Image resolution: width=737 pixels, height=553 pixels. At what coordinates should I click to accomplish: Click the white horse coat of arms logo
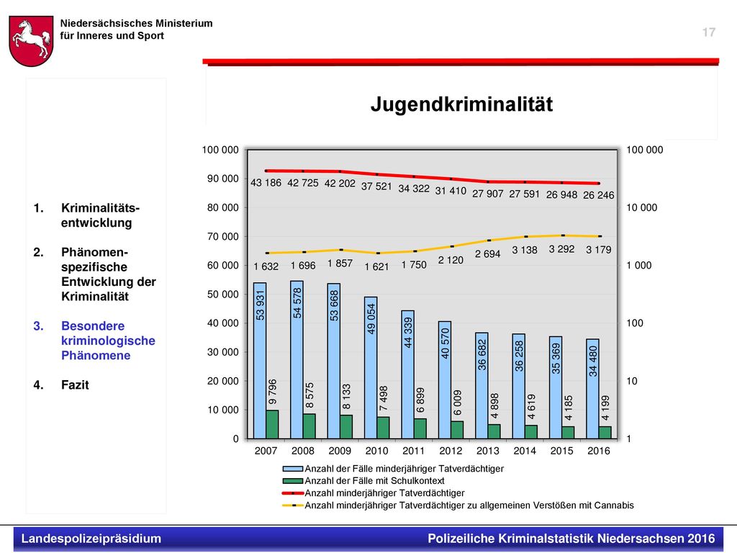(31, 41)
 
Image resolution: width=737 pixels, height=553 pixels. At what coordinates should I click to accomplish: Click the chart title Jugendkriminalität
(461, 104)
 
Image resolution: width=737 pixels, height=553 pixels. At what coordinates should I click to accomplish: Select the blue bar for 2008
(297, 360)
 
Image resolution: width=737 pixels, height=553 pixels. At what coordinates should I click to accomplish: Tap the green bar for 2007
(272, 424)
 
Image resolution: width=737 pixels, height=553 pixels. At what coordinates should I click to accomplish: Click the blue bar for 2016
(593, 389)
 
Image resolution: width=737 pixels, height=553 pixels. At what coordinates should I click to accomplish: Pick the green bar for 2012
(457, 430)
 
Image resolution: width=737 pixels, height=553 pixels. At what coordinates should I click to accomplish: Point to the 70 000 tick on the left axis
(223, 236)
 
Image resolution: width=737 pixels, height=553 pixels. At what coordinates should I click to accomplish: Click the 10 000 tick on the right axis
(641, 207)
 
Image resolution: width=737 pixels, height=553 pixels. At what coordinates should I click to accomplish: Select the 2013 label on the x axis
(487, 451)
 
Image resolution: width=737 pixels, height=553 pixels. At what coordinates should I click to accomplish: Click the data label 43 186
(266, 182)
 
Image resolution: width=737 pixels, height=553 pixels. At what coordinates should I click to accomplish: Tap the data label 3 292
(561, 248)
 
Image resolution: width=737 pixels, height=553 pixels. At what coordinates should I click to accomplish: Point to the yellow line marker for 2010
(377, 253)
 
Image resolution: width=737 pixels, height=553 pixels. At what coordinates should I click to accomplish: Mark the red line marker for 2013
(489, 181)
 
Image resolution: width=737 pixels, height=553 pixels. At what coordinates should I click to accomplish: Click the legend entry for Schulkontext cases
(363, 480)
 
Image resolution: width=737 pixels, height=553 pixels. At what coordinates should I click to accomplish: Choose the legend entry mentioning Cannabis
(458, 505)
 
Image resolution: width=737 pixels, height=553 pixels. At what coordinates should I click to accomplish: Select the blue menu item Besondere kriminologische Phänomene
(108, 341)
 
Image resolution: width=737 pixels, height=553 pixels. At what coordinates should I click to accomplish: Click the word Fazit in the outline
(75, 385)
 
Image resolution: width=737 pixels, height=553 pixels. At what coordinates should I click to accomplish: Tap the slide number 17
(709, 32)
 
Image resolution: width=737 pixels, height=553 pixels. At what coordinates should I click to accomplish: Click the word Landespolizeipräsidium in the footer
(91, 539)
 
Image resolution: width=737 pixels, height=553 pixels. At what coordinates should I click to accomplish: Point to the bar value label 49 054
(371, 318)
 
